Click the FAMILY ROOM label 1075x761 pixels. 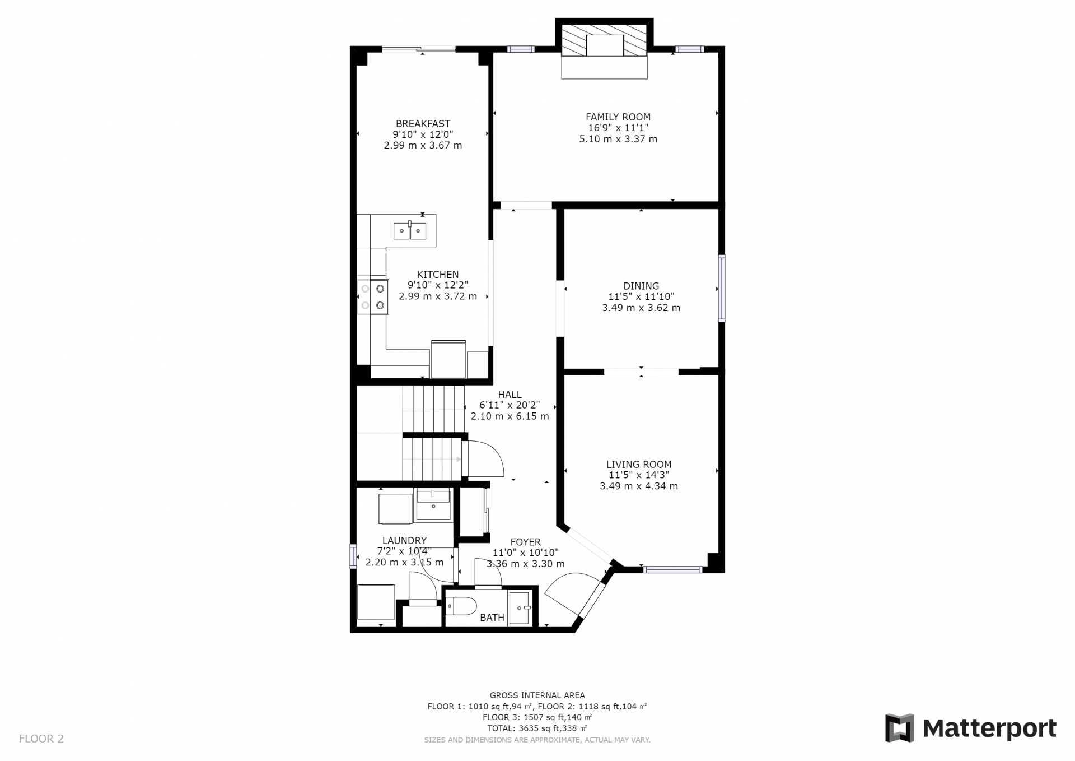click(618, 117)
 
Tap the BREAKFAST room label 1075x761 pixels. click(423, 124)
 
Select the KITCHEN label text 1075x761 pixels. click(438, 275)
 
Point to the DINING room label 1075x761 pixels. click(641, 286)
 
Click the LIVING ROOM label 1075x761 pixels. click(639, 464)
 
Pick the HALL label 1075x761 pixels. click(510, 395)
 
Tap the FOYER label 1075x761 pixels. click(525, 542)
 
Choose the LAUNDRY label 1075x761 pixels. click(404, 540)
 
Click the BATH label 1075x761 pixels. click(492, 618)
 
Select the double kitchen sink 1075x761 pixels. click(410, 230)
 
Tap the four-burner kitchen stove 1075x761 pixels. click(373, 297)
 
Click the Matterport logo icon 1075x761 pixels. click(899, 728)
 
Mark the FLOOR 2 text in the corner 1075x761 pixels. click(41, 739)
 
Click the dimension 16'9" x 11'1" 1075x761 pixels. click(618, 128)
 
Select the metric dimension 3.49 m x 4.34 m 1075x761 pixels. click(639, 486)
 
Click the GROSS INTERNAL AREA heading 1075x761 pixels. click(537, 695)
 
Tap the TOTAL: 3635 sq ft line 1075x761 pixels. click(537, 728)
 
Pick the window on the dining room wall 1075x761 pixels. click(722, 289)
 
